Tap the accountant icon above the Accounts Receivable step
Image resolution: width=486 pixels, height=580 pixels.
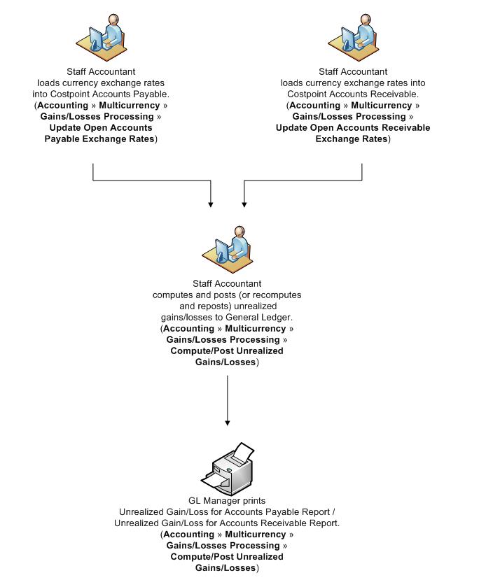(353, 41)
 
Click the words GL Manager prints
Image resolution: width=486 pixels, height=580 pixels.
(227, 501)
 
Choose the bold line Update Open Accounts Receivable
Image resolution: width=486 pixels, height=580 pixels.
(353, 128)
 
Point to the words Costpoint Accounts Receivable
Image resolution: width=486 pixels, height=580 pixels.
(353, 94)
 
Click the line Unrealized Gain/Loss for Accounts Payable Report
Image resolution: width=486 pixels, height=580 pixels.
(227, 512)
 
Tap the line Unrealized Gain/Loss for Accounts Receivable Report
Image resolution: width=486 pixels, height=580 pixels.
(227, 523)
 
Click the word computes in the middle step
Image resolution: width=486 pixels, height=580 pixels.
(172, 295)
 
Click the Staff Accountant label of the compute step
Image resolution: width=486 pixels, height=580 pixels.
(227, 284)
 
